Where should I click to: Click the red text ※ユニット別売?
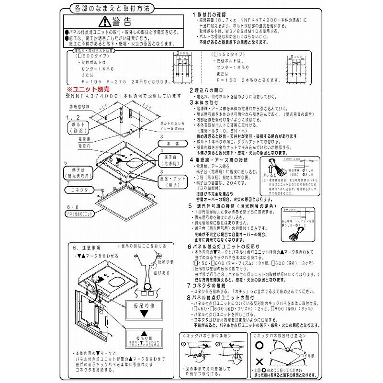[x=87, y=89]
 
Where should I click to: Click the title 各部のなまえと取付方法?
[x=109, y=8]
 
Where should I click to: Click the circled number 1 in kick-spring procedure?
[x=184, y=344]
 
